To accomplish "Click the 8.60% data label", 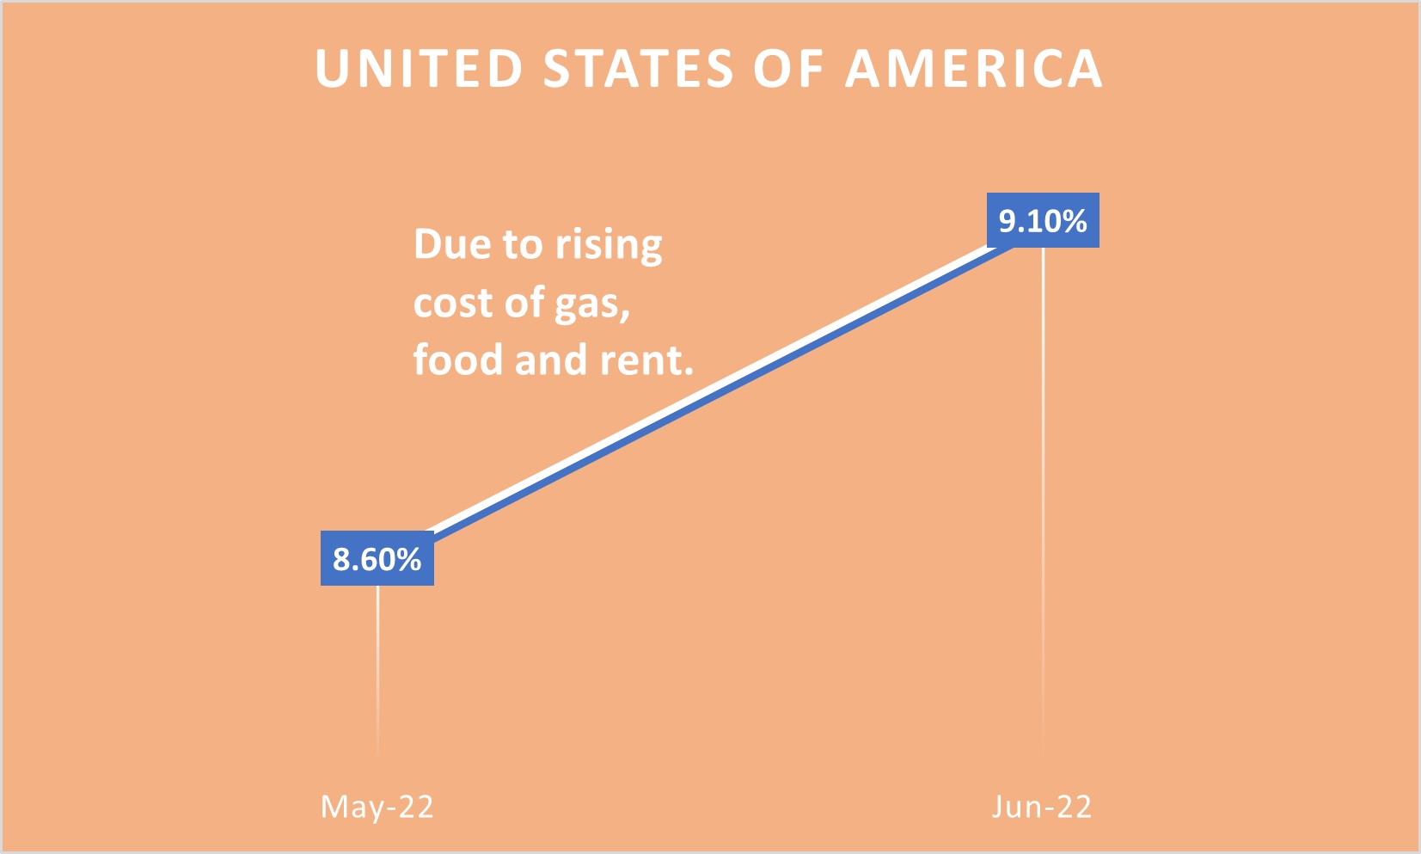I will click(x=377, y=559).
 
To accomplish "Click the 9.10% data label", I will click(x=1043, y=221).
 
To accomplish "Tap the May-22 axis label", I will click(x=377, y=807).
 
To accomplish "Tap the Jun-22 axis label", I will click(x=1042, y=807).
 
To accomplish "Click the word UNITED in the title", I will click(x=419, y=69).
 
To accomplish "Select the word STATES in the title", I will click(x=639, y=69).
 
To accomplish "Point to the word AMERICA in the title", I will click(x=974, y=69).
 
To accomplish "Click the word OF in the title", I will click(x=789, y=69).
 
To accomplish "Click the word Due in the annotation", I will click(x=452, y=244).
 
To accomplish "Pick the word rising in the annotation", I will click(x=609, y=246).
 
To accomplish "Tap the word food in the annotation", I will click(x=457, y=359).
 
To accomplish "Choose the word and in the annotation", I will click(x=550, y=359).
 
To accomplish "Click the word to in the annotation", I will click(x=522, y=245).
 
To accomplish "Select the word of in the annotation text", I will click(x=524, y=303).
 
